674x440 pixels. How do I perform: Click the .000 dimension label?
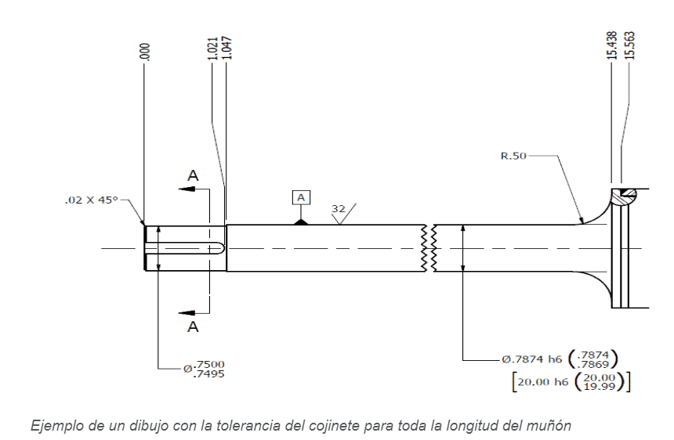point(145,52)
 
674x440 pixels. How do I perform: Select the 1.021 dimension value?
point(212,48)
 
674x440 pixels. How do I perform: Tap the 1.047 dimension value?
point(227,48)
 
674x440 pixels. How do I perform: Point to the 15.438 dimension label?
point(613,45)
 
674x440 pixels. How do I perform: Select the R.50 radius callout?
point(513,156)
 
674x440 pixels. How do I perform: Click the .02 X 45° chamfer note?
point(91,200)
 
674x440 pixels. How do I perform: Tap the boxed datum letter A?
point(301,197)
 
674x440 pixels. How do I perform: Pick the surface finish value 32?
point(339,208)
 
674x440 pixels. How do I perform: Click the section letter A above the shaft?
point(193,175)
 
